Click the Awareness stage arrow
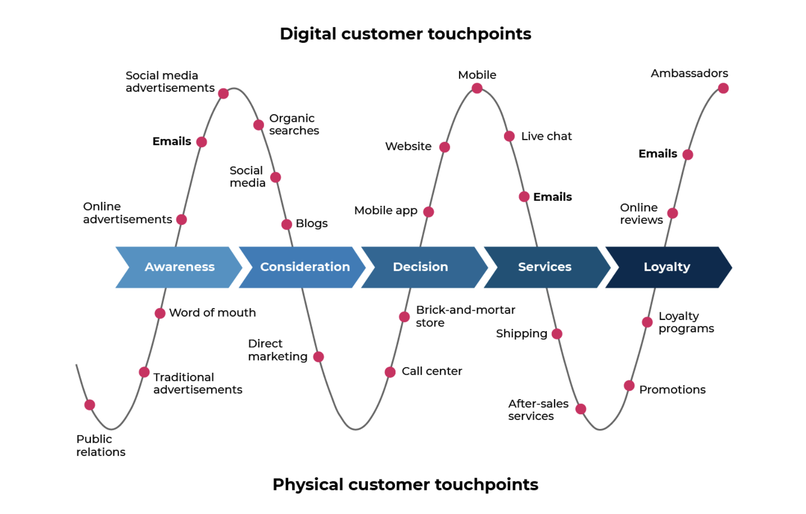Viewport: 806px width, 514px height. coord(179,267)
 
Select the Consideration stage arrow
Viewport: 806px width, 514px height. coord(302,267)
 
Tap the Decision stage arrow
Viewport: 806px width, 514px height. coord(425,267)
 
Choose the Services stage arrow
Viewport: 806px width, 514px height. coord(547,267)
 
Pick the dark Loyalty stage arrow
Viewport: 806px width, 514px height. coord(669,267)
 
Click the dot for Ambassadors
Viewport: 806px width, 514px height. coord(723,88)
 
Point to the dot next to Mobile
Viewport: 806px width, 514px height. coord(477,88)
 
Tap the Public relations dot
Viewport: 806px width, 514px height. coord(90,405)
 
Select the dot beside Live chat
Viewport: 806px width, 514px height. coord(509,137)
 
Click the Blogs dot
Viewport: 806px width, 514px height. coord(286,224)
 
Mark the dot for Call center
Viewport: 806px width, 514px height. coord(390,372)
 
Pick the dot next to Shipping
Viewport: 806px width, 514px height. coord(557,334)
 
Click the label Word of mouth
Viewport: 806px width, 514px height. coord(212,313)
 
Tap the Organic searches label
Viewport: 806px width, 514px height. coord(294,124)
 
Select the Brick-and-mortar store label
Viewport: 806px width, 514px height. coord(466,316)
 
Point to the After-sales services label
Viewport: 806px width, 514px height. coord(538,410)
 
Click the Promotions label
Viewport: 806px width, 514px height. coord(672,390)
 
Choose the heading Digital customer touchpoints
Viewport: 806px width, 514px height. coord(405,34)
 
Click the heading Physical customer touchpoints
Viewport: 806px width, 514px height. coord(405,485)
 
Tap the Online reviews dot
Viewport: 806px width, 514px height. coord(672,213)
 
